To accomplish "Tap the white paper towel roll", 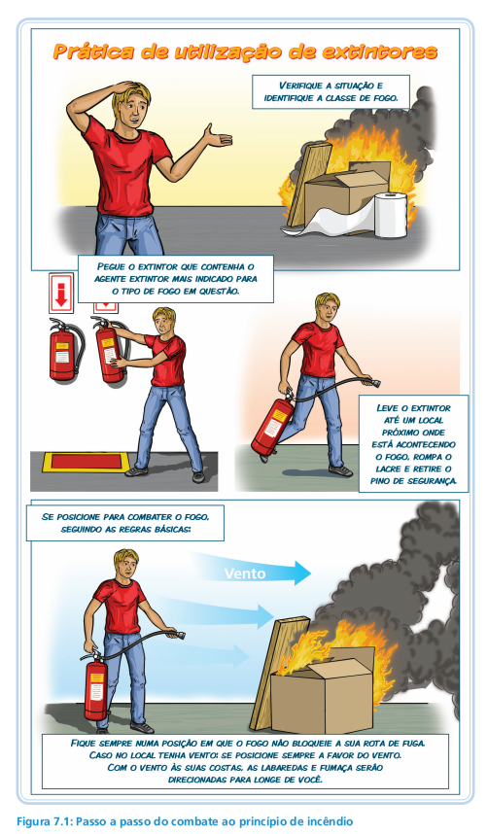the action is pos(391,215).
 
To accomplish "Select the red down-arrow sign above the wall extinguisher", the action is pos(61,293).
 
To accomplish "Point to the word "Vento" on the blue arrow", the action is pos(244,573).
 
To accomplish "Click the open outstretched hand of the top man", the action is pos(218,137).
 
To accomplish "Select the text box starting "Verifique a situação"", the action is pos(331,91).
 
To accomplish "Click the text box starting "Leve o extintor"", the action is pos(413,443).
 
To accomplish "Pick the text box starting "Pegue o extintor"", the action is pos(176,278).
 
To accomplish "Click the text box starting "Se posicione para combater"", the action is pos(125,522).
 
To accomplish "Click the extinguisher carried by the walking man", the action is pos(271,426).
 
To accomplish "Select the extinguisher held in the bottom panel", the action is pos(96,685).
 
